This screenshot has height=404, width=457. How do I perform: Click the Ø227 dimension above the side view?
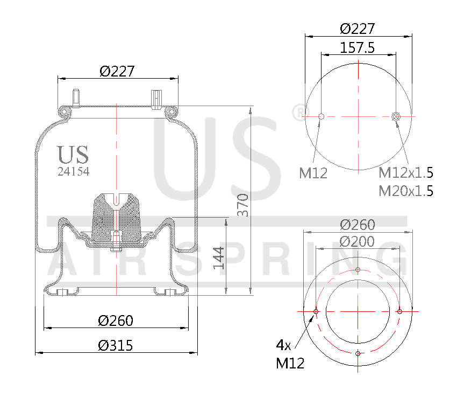pyautogui.click(x=117, y=71)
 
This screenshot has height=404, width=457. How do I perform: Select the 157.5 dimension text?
pyautogui.click(x=358, y=47)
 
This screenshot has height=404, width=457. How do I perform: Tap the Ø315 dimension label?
pyautogui.click(x=116, y=345)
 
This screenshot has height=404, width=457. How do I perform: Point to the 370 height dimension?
pyautogui.click(x=242, y=205)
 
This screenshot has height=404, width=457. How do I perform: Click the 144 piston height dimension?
pyautogui.click(x=218, y=257)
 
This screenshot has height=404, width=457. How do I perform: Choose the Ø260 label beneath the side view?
pyautogui.click(x=116, y=321)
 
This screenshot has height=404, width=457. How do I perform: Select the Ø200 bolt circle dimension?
pyautogui.click(x=358, y=242)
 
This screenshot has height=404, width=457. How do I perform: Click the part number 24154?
pyautogui.click(x=73, y=171)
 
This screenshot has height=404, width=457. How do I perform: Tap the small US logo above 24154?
pyautogui.click(x=73, y=155)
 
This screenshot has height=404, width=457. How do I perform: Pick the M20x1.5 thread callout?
pyautogui.click(x=406, y=191)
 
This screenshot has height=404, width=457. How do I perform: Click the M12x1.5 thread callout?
pyautogui.click(x=406, y=173)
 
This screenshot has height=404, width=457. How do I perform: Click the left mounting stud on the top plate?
pyautogui.click(x=75, y=97)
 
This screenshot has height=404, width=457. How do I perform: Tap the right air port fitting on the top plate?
pyautogui.click(x=157, y=97)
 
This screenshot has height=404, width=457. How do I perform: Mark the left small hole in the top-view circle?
pyautogui.click(x=321, y=116)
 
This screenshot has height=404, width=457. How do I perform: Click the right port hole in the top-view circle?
pyautogui.click(x=396, y=116)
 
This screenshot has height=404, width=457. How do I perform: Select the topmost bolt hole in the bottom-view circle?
pyautogui.click(x=358, y=270)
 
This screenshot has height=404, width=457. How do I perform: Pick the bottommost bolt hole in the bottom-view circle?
pyautogui.click(x=358, y=353)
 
